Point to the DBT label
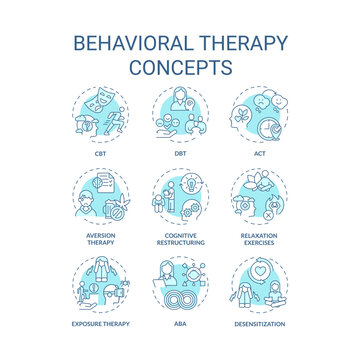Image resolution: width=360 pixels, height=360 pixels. click(x=180, y=154)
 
